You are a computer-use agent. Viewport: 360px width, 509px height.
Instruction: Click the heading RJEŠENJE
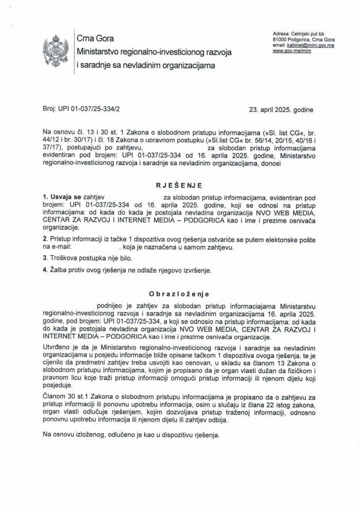[180, 187]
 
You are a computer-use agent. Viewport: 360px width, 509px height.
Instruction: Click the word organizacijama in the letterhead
[185, 66]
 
